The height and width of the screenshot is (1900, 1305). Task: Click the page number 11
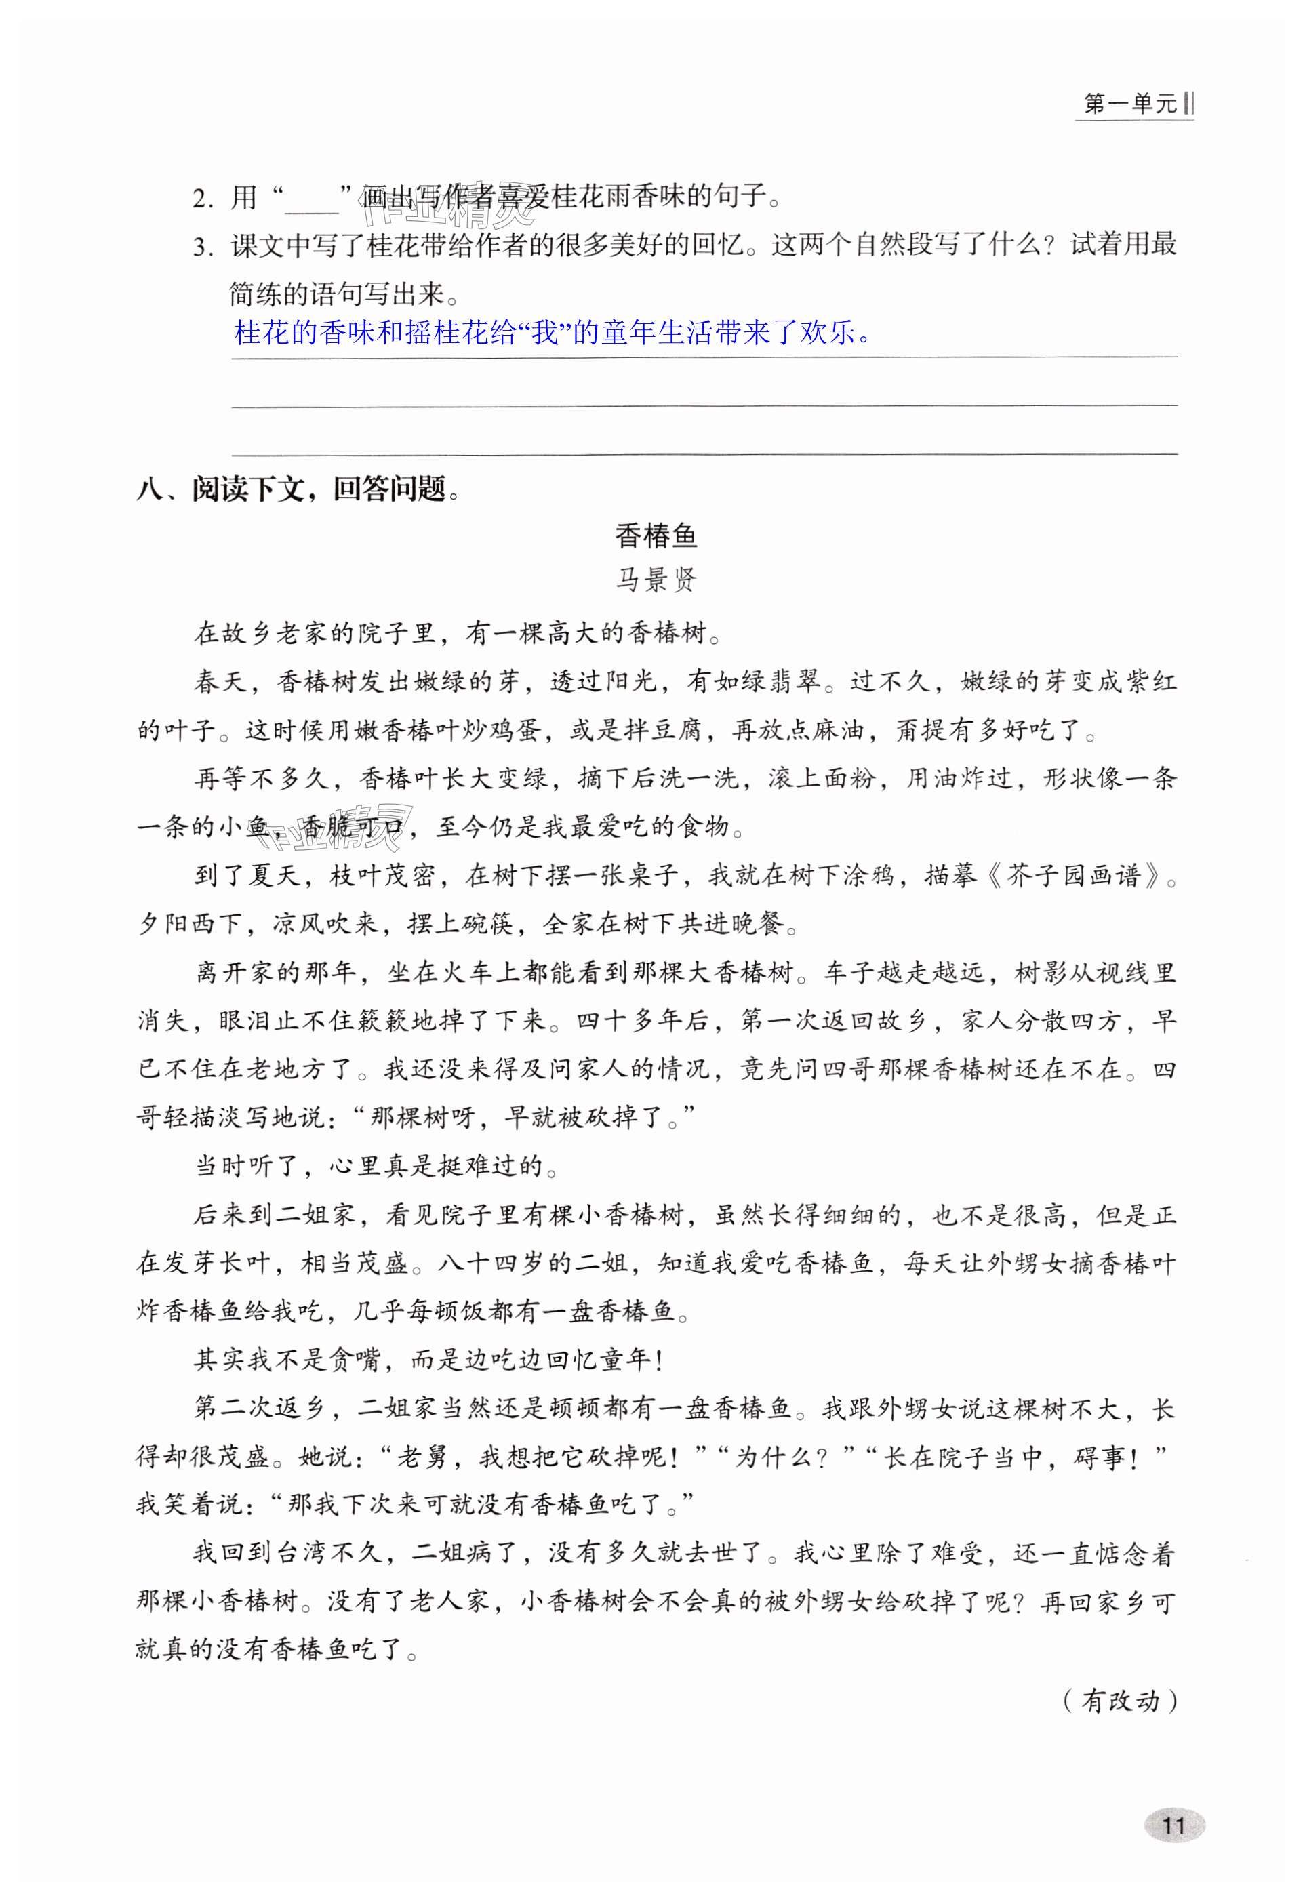(1173, 1825)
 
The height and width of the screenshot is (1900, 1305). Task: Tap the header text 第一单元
(1129, 104)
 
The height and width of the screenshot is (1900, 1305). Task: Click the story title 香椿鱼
(655, 535)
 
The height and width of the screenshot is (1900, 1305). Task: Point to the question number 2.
(201, 199)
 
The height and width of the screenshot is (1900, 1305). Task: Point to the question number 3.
(201, 247)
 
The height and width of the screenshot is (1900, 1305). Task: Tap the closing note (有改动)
(1119, 1701)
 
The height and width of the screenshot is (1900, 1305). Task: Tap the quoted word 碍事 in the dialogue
(1100, 1457)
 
